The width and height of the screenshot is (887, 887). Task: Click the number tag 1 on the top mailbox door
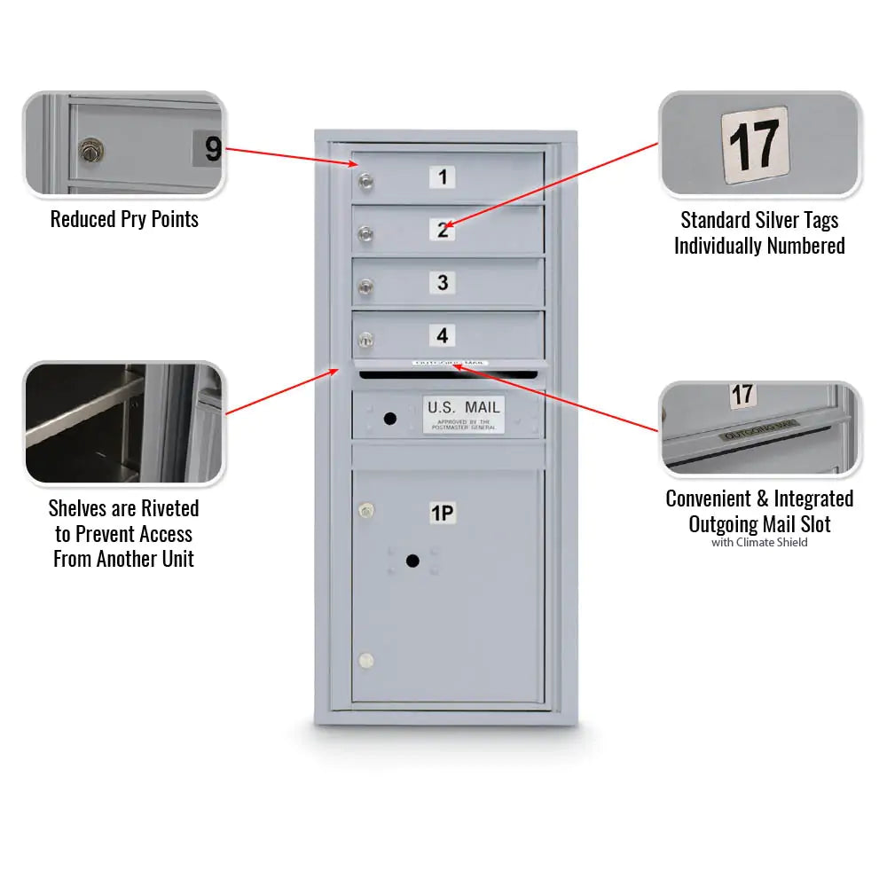pyautogui.click(x=443, y=177)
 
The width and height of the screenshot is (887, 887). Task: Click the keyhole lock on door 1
pyautogui.click(x=365, y=183)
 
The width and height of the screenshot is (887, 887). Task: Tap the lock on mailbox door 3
pyautogui.click(x=365, y=287)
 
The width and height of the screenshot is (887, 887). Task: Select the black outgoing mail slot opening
pyautogui.click(x=449, y=374)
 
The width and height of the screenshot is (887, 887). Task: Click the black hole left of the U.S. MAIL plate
pyautogui.click(x=389, y=418)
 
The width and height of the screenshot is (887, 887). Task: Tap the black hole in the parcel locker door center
pyautogui.click(x=412, y=561)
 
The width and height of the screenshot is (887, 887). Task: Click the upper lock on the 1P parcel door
pyautogui.click(x=365, y=510)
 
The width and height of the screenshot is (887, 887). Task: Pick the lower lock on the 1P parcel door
pyautogui.click(x=365, y=661)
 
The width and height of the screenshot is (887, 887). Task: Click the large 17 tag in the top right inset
pyautogui.click(x=755, y=145)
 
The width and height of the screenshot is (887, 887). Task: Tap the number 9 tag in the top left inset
pyautogui.click(x=211, y=148)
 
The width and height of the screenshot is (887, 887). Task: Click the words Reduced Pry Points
pyautogui.click(x=124, y=219)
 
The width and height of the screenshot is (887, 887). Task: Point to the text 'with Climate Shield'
pyautogui.click(x=759, y=543)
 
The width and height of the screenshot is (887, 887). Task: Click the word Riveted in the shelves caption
pyautogui.click(x=164, y=508)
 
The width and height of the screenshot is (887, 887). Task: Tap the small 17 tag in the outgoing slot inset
pyautogui.click(x=742, y=396)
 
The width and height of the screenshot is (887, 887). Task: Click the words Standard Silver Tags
pyautogui.click(x=759, y=220)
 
